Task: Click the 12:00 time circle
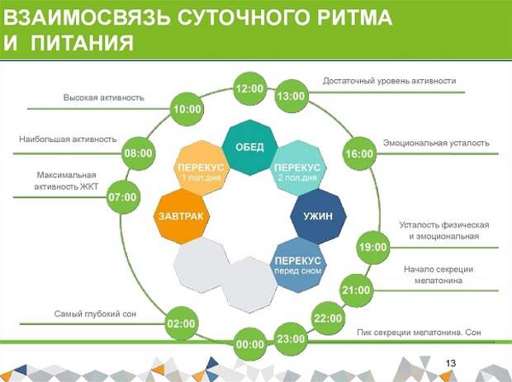pos(249,89)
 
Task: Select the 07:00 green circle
pos(123,197)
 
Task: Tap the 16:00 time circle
pos(359,153)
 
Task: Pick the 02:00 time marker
pos(181,323)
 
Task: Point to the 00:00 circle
pos(249,345)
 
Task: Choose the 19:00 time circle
pos(373,247)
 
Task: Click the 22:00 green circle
pos(328,318)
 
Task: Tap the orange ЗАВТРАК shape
pos(181,216)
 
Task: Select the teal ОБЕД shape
pos(249,148)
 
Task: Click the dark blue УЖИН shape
pos(319,216)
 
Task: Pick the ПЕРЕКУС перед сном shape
pos(298,265)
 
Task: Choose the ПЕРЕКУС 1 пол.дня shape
pos(201,168)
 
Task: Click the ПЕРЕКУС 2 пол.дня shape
pos(298,168)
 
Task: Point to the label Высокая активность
pos(104,97)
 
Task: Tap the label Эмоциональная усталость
pos(436,143)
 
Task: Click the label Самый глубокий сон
pos(95,314)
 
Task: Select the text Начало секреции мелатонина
pos(439,275)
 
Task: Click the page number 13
pos(451,363)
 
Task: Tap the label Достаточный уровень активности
pos(390,81)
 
